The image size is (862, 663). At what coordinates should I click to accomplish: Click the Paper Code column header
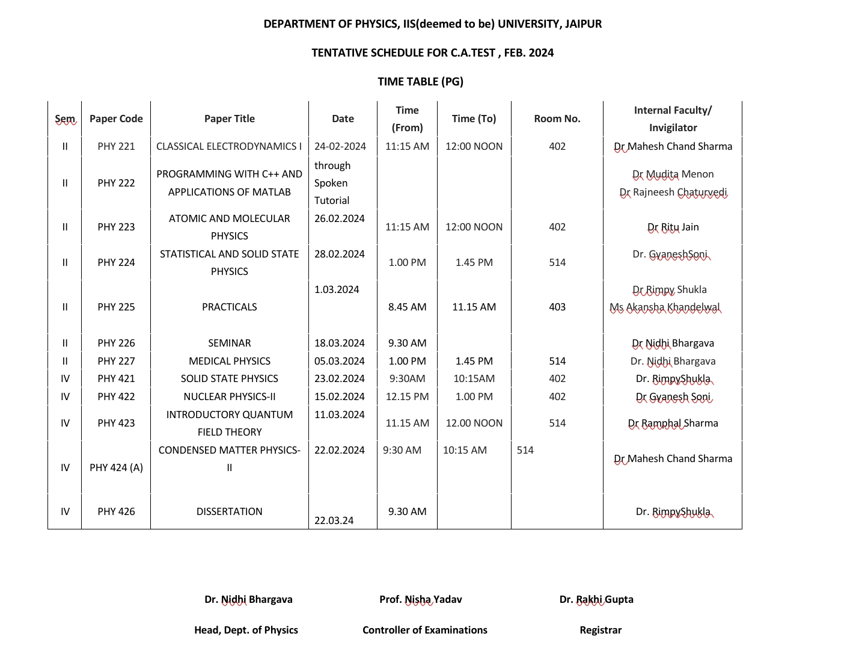(116, 119)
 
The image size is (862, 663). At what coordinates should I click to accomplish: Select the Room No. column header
(557, 119)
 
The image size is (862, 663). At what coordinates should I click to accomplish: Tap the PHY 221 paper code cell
(116, 146)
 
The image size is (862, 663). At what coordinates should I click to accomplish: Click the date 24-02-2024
(340, 146)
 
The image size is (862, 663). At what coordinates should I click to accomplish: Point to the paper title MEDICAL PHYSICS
(230, 361)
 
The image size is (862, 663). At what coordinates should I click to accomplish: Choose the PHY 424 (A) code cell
(116, 467)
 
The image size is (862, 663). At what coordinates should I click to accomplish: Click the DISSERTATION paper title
(230, 511)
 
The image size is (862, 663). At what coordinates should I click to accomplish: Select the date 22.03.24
(334, 520)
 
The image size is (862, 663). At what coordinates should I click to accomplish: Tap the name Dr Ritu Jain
(673, 227)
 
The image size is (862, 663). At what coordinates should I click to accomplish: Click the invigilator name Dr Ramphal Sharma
(673, 423)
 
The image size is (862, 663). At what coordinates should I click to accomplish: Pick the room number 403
(557, 307)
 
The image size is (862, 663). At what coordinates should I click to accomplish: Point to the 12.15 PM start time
(407, 396)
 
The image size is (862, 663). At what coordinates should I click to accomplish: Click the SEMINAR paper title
(230, 343)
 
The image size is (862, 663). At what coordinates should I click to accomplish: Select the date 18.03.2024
(340, 343)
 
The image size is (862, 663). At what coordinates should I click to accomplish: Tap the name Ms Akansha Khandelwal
(665, 307)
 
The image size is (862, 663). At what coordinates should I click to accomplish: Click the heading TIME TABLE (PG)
(420, 81)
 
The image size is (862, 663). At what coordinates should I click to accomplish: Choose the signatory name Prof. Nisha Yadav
(421, 599)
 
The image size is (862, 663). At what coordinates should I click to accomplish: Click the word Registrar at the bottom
(601, 630)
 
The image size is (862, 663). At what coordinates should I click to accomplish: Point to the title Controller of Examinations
(425, 630)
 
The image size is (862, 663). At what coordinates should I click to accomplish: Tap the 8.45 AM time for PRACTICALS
(407, 307)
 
